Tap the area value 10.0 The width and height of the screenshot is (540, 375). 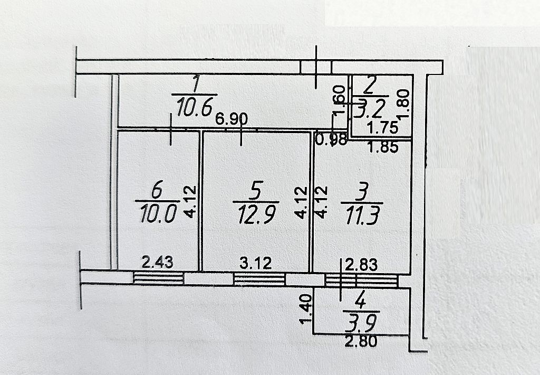coord(158,214)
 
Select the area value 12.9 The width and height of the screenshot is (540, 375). coord(255,214)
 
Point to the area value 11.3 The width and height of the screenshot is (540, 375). coord(362,215)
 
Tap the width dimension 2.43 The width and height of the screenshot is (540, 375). coord(157,262)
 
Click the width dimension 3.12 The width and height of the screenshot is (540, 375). coord(255,262)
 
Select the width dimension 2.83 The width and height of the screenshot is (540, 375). coord(362,264)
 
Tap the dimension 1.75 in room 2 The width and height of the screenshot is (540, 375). coord(381,127)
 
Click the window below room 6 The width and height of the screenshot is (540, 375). coord(158,278)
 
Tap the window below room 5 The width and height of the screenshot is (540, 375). coord(259,279)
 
